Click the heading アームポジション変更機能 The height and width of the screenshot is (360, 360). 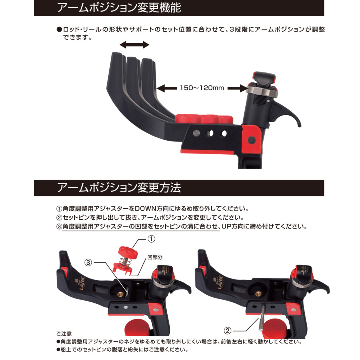pyautogui.click(x=119, y=8)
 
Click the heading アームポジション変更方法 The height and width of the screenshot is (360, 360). pyautogui.click(x=119, y=188)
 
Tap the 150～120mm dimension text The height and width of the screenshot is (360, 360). pyautogui.click(x=202, y=88)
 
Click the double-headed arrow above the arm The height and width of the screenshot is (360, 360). pyautogui.click(x=135, y=45)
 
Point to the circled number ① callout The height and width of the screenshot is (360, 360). pyautogui.click(x=151, y=239)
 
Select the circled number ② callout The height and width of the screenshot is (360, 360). pyautogui.click(x=227, y=330)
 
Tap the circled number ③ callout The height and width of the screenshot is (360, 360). pyautogui.click(x=88, y=262)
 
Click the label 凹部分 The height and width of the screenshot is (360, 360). pyautogui.click(x=155, y=257)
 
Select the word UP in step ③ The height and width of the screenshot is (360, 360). pyautogui.click(x=226, y=227)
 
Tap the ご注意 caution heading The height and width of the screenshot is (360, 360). pyautogui.click(x=64, y=334)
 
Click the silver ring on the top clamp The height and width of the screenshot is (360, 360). pyautogui.click(x=262, y=91)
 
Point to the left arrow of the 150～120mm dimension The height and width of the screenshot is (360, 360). pyautogui.click(x=167, y=88)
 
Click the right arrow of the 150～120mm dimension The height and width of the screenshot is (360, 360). pyautogui.click(x=238, y=88)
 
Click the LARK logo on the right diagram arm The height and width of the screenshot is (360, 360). pyautogui.click(x=219, y=282)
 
